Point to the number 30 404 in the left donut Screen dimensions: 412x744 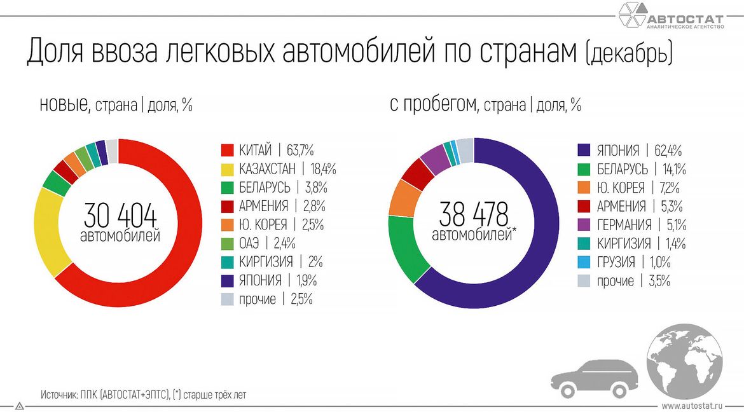pos(120,216)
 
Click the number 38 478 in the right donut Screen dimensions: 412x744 pos(474,215)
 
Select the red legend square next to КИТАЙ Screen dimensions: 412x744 pos(228,151)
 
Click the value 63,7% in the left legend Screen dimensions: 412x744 pos(300,151)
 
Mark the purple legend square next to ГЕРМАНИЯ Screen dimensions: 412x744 pos(584,225)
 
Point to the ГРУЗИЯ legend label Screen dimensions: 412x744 pos(616,262)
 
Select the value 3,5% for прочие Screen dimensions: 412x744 pos(659,281)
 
